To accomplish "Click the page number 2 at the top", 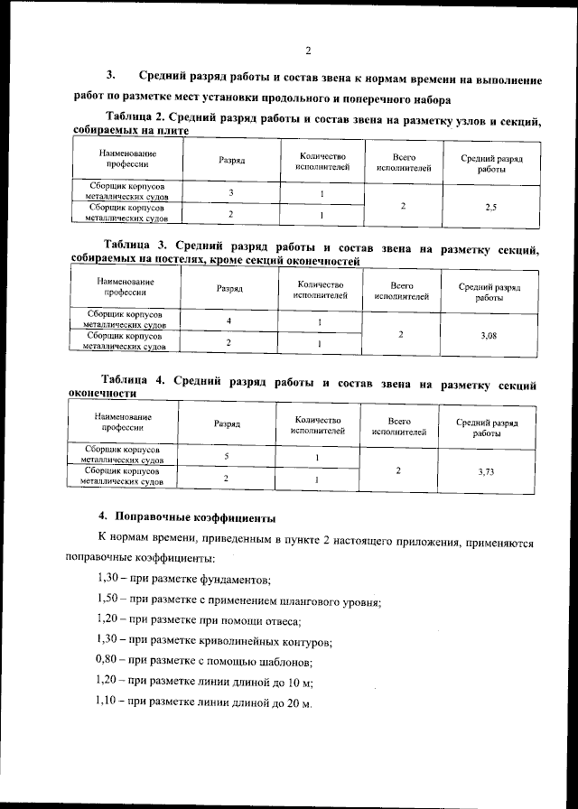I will click(307, 50).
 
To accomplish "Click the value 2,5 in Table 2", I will click(490, 207).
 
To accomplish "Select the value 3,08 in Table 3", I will click(489, 335).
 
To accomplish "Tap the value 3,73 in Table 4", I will click(486, 471).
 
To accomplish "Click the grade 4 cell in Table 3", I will click(228, 321).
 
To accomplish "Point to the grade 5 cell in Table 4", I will click(226, 457).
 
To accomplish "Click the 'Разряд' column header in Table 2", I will click(232, 159).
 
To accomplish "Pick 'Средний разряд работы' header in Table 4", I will click(486, 427).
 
